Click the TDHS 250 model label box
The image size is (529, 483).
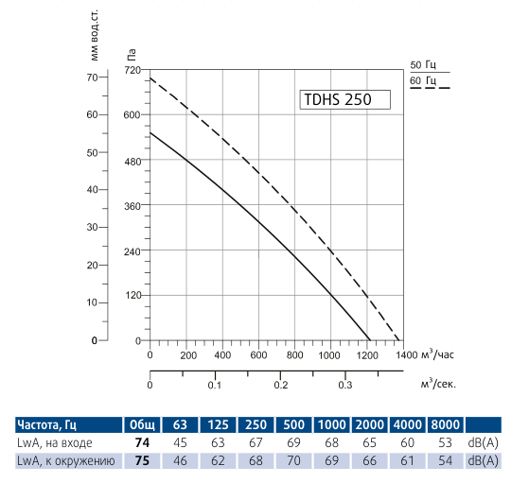(x=344, y=98)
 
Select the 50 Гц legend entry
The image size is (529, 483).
(x=423, y=64)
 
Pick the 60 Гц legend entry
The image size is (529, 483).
(x=423, y=81)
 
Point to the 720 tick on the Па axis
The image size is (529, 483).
(x=132, y=70)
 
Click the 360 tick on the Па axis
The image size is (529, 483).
(x=132, y=205)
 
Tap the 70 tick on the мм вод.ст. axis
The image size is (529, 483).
(x=92, y=78)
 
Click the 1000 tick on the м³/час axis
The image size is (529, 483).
(x=330, y=355)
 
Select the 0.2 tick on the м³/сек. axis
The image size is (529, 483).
(x=280, y=386)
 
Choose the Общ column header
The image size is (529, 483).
(x=144, y=424)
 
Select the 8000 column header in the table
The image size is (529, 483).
(x=445, y=424)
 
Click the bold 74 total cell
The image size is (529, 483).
(x=144, y=442)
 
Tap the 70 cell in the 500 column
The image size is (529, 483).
(x=293, y=460)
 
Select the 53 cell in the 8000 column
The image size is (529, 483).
(x=445, y=442)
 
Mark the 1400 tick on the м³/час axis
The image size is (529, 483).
(x=403, y=355)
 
